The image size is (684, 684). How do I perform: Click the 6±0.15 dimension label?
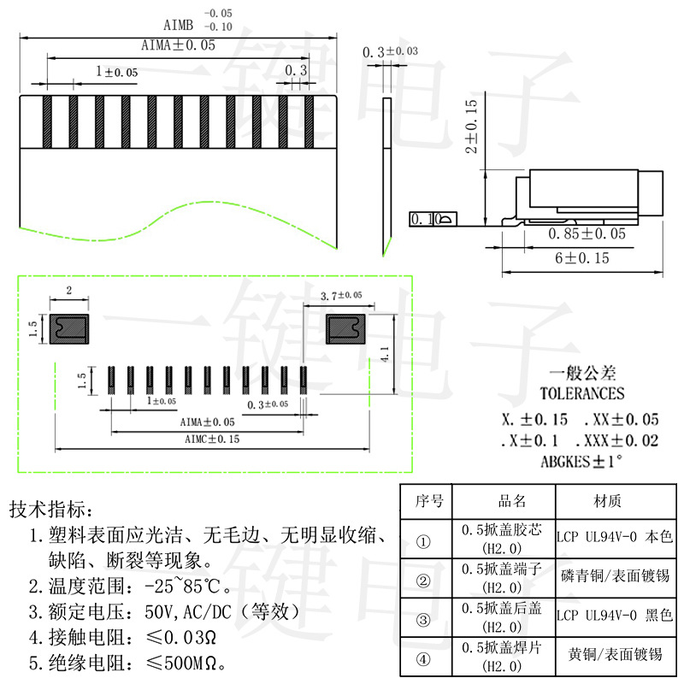coord(581,258)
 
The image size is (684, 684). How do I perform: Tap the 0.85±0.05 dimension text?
coord(587,233)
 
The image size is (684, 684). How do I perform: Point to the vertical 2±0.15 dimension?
coord(472,126)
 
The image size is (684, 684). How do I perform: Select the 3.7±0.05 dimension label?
coord(341,296)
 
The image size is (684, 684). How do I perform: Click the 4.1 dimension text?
coord(385,354)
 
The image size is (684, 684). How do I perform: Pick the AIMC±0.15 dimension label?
coord(212,439)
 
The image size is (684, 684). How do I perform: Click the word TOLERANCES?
coord(582,393)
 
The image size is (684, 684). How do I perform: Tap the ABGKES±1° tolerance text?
coord(581,461)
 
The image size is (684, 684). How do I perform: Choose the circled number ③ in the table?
coord(423,620)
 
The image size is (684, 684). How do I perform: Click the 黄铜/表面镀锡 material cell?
coord(615,654)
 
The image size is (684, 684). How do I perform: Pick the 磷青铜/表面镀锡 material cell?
coord(615,575)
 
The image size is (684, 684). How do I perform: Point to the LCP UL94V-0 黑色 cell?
coord(615,615)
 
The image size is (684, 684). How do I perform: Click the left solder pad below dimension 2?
coord(69,329)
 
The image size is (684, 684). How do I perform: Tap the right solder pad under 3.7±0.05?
coord(346,329)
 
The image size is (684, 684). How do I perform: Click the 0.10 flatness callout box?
coord(433,219)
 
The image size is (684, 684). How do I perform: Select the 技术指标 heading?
coord(51,509)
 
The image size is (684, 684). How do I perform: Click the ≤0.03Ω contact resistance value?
coord(181,637)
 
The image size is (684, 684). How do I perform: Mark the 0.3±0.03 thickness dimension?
coord(390,51)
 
